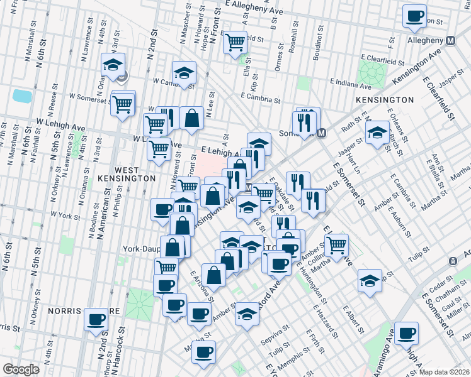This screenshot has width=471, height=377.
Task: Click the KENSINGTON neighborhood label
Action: [384, 100]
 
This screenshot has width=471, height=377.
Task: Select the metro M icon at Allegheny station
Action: [450, 41]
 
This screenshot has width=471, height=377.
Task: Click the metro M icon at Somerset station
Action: [322, 133]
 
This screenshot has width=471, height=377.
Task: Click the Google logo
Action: [21, 369]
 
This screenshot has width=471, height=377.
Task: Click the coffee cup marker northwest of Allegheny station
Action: [414, 16]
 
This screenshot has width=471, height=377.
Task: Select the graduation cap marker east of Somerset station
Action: [377, 132]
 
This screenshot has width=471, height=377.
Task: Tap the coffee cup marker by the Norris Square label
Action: [96, 319]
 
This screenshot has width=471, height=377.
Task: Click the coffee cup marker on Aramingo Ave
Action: [406, 332]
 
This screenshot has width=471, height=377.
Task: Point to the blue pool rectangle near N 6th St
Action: [21, 96]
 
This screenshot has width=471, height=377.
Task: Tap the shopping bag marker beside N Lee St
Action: [191, 117]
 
